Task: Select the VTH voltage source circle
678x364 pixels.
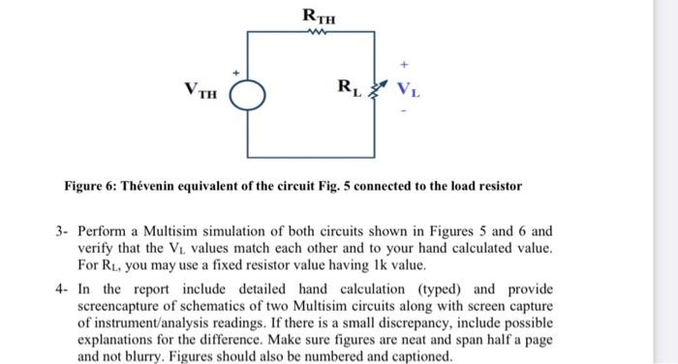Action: click(247, 94)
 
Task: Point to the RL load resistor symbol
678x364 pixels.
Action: click(374, 93)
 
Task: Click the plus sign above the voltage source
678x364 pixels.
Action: click(233, 72)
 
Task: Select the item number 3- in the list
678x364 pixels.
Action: click(62, 232)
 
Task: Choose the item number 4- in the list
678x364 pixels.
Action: click(62, 288)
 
